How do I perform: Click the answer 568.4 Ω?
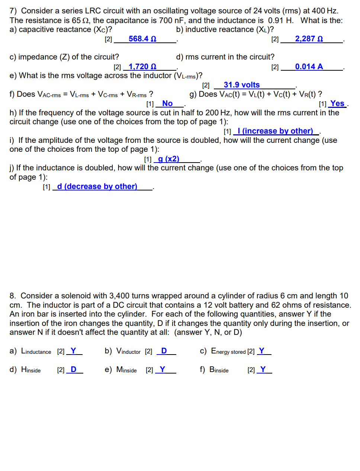coord(142,39)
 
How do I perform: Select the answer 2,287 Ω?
coord(309,39)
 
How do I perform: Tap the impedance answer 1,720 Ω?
coord(142,67)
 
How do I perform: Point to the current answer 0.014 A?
coord(309,67)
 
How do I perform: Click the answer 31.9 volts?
coord(242,85)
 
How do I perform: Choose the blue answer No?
coord(167,103)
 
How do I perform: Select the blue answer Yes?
coord(337,103)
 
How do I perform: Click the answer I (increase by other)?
coord(275,131)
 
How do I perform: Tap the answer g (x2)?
coord(168,159)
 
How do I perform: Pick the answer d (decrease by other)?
coord(97,186)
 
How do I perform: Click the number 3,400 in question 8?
coord(119,296)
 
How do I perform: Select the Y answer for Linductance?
coord(73,351)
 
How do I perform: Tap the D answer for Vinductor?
coord(164,351)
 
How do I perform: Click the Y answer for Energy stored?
coord(261,351)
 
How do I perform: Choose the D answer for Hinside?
coord(73,369)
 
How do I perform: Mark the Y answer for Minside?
coord(162,369)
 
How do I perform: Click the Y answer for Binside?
coord(263,369)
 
